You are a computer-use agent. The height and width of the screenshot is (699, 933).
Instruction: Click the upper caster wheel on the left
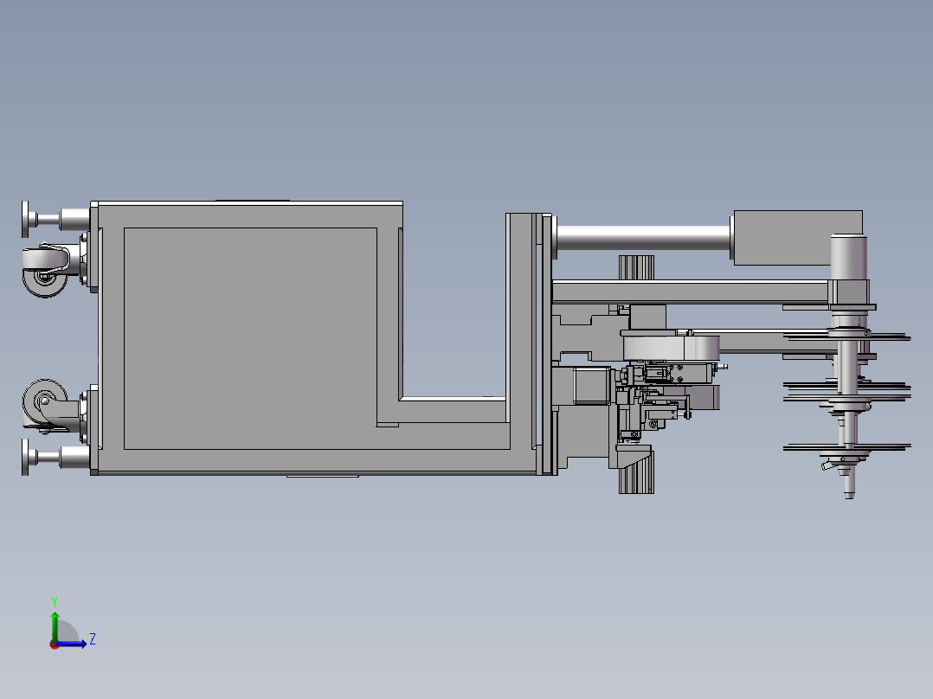click(x=45, y=270)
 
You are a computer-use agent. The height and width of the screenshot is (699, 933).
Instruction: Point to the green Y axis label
click(x=54, y=600)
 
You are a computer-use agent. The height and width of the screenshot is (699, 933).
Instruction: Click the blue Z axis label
click(x=92, y=639)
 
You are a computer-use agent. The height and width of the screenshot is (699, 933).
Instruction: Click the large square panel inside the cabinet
click(x=250, y=338)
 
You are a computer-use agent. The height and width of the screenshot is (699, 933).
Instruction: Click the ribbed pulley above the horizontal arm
click(x=635, y=267)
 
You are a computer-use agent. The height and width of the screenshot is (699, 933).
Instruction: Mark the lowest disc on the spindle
click(x=846, y=447)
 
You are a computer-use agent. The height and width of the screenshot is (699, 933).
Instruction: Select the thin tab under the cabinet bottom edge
click(x=321, y=476)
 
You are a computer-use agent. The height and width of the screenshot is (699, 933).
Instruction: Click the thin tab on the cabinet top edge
click(x=252, y=201)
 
